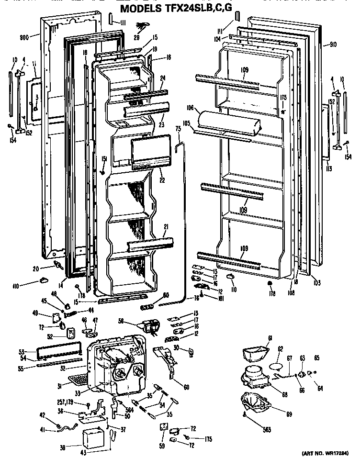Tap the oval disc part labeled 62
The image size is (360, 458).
coord(278,366)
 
